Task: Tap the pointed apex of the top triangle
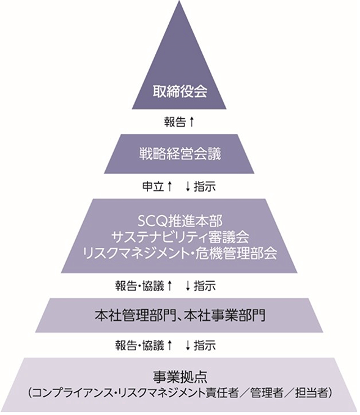(x=179, y=3)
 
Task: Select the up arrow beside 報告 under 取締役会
(x=192, y=121)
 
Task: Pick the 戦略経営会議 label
(x=179, y=153)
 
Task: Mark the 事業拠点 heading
(x=179, y=376)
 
